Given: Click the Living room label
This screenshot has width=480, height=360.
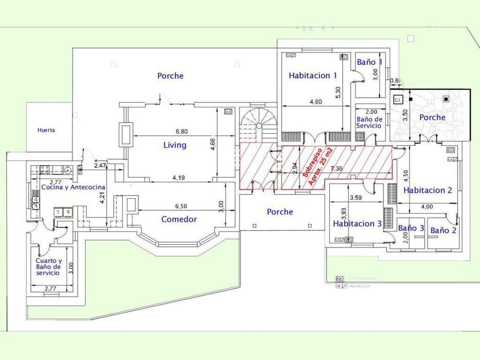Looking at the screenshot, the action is tap(175, 145).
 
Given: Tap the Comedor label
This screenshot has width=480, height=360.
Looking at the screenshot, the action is tap(179, 219).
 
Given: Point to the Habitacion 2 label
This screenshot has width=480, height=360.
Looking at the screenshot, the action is tap(428, 190).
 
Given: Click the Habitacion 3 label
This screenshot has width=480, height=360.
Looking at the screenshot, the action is tap(357, 224).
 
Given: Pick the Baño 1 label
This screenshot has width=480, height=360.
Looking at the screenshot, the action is tap(369, 62).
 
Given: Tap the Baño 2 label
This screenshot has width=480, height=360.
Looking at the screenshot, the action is tap(443, 231).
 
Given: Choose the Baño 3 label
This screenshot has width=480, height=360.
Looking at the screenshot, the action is tap(411, 228).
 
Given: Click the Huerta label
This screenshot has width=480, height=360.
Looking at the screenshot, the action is tap(46, 130).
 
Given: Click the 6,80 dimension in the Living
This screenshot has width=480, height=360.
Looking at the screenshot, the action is tap(182, 131).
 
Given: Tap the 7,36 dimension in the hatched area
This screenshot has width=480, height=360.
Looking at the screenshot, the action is tap(337, 169).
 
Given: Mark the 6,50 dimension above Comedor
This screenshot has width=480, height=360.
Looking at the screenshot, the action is tap(181, 206).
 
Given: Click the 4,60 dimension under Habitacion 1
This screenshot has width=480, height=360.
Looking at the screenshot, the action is tap(315, 102).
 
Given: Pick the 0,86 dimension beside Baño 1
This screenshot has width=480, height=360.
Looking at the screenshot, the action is tap(395, 81).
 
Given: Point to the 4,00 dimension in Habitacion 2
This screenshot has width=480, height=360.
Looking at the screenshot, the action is tap(427, 206).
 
